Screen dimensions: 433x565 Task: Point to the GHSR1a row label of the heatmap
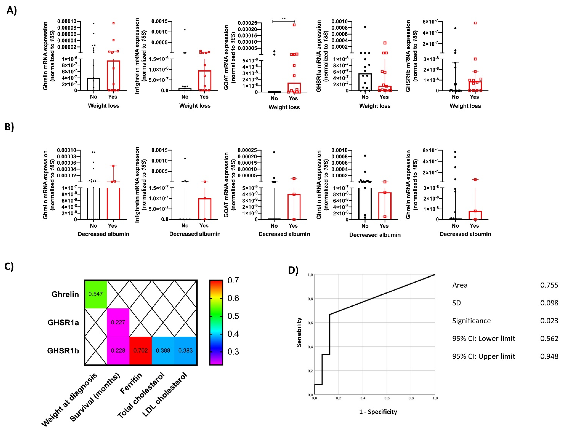click(63, 322)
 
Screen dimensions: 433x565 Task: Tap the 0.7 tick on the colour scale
click(233, 280)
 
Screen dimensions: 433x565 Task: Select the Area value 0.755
click(549, 285)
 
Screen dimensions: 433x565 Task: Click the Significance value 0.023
click(549, 321)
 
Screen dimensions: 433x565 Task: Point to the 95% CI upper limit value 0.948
click(549, 356)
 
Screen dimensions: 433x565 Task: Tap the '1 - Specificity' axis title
click(378, 412)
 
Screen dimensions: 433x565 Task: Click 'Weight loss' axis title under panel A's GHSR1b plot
click(465, 106)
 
